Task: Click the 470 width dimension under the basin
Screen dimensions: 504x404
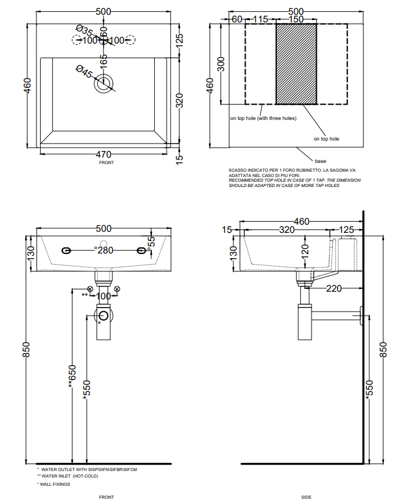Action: [x=103, y=155]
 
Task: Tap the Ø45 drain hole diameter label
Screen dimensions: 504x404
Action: [x=84, y=72]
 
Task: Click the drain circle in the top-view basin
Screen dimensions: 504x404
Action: [x=105, y=82]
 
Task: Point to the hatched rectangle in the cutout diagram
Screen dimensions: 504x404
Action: [x=296, y=64]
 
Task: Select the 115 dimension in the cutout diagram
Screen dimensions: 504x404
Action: [x=260, y=19]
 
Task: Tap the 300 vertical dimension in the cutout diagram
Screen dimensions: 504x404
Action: [x=221, y=64]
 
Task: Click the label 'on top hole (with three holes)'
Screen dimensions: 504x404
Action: [x=263, y=118]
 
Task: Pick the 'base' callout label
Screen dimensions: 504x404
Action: [x=320, y=161]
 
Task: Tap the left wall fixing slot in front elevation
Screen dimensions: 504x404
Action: [x=67, y=251]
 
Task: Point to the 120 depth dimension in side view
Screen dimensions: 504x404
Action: [x=304, y=251]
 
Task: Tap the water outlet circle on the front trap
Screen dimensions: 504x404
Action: [x=104, y=315]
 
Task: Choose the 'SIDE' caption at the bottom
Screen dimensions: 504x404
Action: [x=306, y=497]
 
